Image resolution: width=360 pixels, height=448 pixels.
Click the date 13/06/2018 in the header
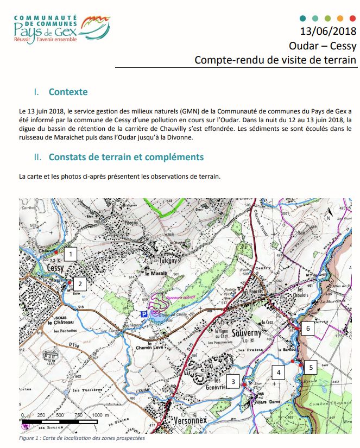pyautogui.click(x=328, y=31)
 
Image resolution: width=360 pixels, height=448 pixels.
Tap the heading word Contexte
pyautogui.click(x=68, y=92)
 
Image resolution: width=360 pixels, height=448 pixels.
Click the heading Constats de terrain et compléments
pyautogui.click(x=126, y=157)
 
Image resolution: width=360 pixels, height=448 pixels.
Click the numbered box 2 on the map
pyautogui.click(x=80, y=282)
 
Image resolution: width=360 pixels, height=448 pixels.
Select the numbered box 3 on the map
pyautogui.click(x=233, y=382)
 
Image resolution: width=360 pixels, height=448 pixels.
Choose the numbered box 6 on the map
pyautogui.click(x=307, y=329)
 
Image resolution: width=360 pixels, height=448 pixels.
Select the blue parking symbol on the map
pyautogui.click(x=143, y=314)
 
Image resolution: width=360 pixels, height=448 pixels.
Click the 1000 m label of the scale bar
pyautogui.click(x=100, y=415)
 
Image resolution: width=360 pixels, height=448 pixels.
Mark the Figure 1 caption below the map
pyautogui.click(x=82, y=438)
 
